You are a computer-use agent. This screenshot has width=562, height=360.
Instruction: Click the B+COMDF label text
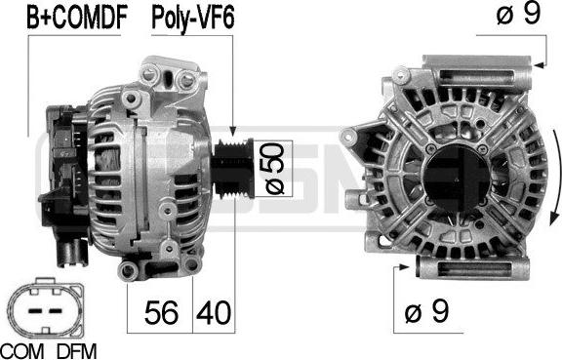tap(64, 17)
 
